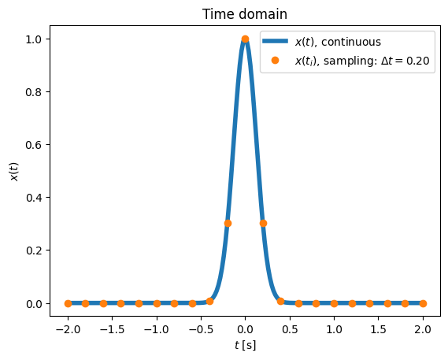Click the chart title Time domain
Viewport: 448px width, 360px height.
coord(245,14)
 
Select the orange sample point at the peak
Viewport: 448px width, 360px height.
coord(245,39)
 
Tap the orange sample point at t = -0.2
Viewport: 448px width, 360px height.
coord(228,223)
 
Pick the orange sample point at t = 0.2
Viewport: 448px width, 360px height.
coord(263,223)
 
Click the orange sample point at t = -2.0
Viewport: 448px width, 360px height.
coord(68,303)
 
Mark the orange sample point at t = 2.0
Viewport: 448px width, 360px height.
coord(423,303)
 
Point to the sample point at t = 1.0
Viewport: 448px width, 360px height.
coord(334,303)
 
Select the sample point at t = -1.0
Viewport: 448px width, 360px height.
coord(157,303)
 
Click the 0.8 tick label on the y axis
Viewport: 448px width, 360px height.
coord(34,92)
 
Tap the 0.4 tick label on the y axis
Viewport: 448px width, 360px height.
coord(34,198)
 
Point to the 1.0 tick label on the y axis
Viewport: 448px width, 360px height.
coord(34,39)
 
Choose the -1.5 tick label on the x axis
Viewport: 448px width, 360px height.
coord(112,330)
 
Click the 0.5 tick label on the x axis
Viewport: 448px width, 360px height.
coord(290,330)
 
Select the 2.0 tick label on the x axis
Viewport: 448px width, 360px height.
coord(423,330)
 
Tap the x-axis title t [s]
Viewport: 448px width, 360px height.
coord(245,346)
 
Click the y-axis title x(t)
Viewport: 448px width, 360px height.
coord(14,172)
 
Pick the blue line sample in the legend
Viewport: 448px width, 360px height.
coord(275,41)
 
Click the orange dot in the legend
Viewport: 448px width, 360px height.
coord(275,60)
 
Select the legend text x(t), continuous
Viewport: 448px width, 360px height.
coord(338,42)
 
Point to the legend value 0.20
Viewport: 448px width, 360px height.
coord(418,61)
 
